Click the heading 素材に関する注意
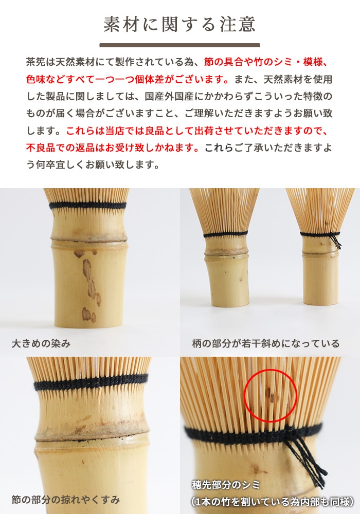click(179, 24)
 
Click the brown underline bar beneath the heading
click(179, 45)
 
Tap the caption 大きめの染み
click(41, 343)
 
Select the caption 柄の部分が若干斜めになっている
click(265, 343)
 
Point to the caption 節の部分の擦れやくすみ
click(66, 499)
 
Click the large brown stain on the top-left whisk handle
click(89, 280)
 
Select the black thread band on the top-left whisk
click(87, 205)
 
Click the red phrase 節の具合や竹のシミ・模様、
click(265, 62)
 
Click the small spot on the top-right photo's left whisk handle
click(241, 280)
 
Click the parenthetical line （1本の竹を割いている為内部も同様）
click(272, 501)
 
